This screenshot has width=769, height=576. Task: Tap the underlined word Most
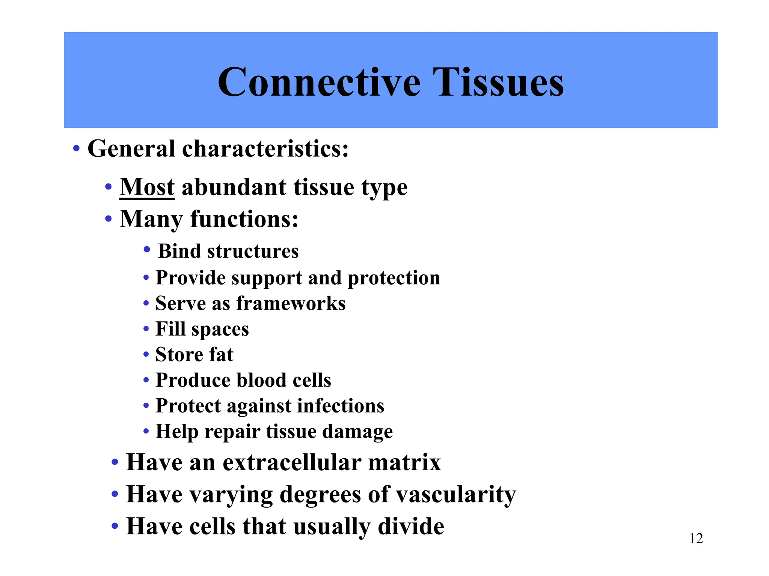click(147, 187)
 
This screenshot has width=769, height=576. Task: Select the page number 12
click(696, 538)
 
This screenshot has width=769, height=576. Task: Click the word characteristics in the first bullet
click(265, 149)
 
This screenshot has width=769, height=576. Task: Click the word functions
click(244, 219)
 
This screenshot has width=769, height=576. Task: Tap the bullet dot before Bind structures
click(147, 250)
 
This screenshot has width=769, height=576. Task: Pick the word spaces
click(220, 330)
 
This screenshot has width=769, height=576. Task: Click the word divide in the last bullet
click(411, 526)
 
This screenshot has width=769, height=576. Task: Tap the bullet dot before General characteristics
click(76, 148)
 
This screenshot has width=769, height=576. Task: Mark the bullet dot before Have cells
click(115, 526)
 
